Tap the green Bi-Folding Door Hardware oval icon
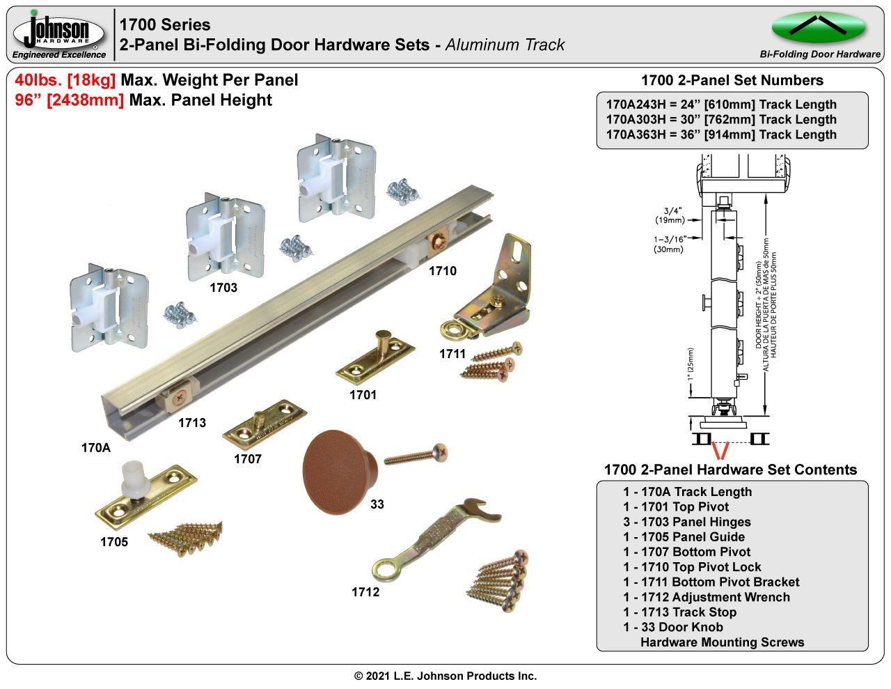point(818,28)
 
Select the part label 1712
point(365,592)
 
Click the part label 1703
point(223,288)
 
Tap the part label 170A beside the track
point(96,448)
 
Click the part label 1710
point(442,271)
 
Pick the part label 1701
point(363,395)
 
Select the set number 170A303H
point(636,120)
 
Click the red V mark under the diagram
point(721,450)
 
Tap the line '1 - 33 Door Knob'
point(672,627)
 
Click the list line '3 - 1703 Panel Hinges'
point(686,522)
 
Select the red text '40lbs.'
point(38,80)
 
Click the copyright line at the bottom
point(445,676)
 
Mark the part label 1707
point(247,459)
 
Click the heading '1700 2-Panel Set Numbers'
point(732,80)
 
